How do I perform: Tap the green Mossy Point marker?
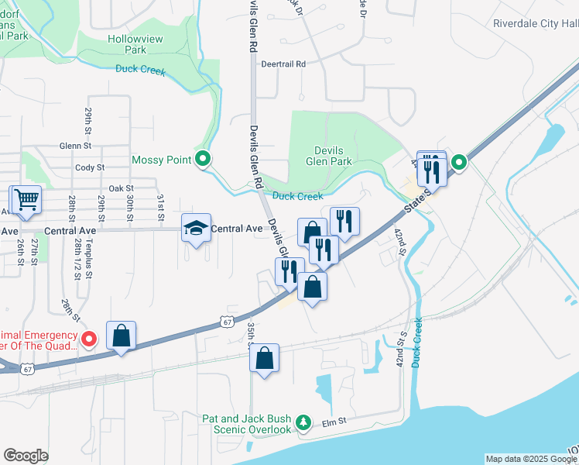point(203,160)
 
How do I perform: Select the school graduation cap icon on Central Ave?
point(196,228)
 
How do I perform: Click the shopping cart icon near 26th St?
point(26,199)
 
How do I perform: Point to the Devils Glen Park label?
point(328,156)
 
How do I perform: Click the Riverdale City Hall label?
point(536,23)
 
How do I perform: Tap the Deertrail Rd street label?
point(283,64)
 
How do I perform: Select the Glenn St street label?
point(75,145)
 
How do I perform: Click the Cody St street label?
point(89,167)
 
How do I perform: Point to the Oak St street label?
point(121,188)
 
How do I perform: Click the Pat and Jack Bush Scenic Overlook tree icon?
point(304,422)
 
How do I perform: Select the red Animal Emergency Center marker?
point(89,339)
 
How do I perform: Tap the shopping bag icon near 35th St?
point(264,358)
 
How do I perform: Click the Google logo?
point(26,456)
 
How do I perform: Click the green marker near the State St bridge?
point(458,162)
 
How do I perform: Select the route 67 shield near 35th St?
point(226,321)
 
